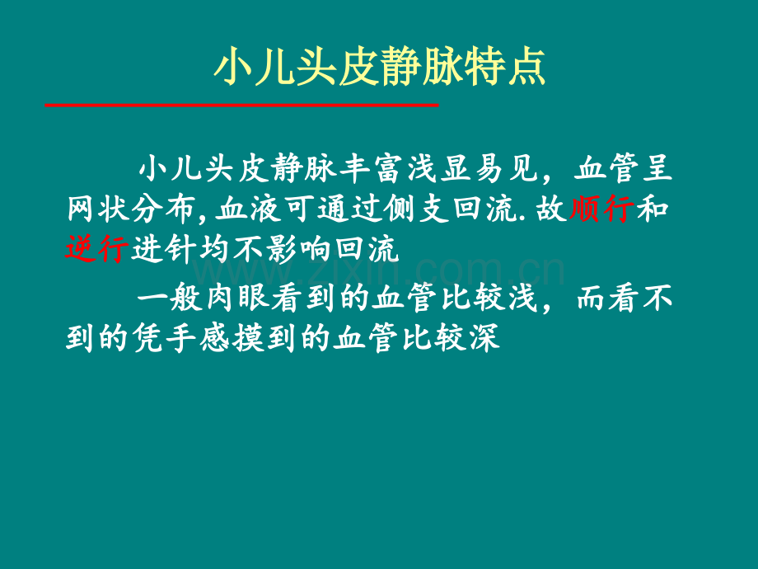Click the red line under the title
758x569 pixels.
241,105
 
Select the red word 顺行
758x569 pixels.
601,209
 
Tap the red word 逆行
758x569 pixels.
96,250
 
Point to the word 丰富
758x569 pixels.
371,168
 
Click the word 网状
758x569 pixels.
97,209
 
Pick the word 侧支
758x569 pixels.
417,209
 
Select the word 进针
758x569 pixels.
163,250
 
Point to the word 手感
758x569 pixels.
199,338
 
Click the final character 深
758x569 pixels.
484,338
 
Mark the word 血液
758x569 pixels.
248,209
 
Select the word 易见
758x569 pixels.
507,168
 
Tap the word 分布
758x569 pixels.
163,209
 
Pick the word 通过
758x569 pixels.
350,209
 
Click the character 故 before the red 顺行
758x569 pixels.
551,209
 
